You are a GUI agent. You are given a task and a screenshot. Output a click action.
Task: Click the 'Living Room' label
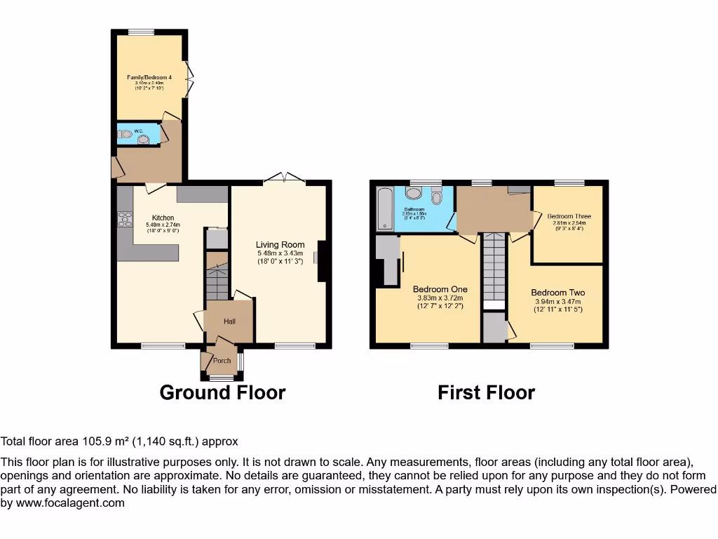(279, 244)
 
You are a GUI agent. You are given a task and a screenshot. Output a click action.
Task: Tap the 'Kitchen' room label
(163, 218)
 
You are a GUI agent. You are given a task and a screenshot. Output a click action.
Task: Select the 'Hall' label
(229, 321)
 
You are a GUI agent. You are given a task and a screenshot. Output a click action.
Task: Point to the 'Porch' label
(222, 360)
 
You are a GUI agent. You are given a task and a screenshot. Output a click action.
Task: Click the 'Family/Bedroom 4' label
(149, 76)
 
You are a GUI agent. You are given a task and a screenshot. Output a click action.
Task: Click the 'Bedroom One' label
(440, 289)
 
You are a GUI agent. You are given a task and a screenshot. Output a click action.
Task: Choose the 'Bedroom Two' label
(557, 293)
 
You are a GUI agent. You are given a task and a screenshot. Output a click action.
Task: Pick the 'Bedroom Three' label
(569, 216)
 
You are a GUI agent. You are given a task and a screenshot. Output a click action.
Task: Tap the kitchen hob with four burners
(125, 219)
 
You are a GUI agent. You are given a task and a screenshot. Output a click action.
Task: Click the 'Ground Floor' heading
(222, 392)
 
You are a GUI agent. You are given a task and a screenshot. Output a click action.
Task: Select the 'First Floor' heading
(486, 392)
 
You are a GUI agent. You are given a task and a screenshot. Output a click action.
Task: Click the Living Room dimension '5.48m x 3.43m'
(279, 253)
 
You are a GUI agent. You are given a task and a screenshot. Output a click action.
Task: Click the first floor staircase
(494, 267)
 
